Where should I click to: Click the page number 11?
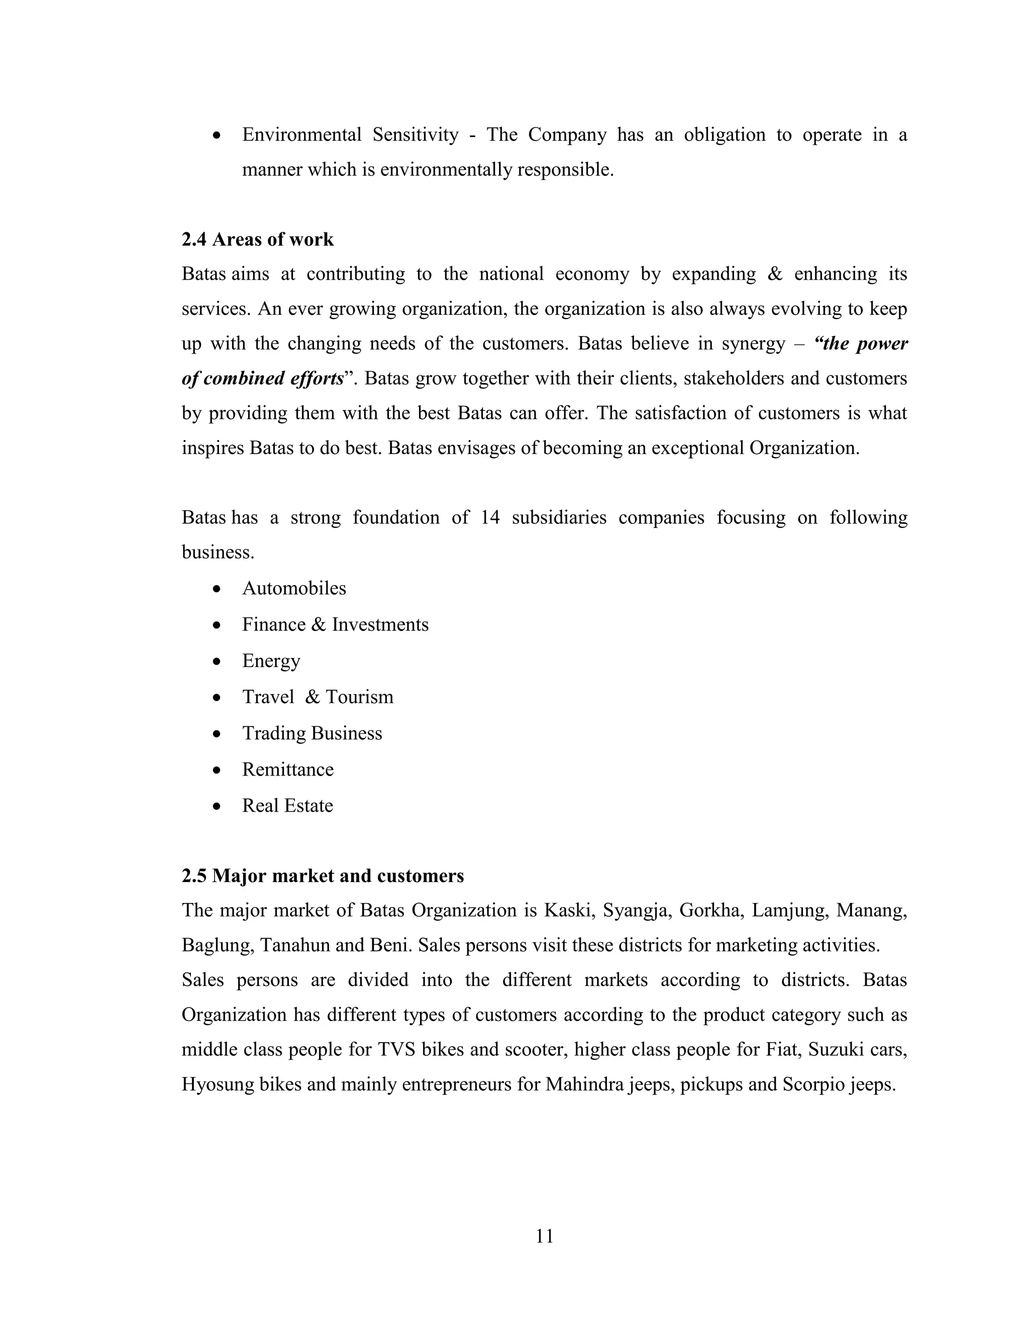tap(544, 1236)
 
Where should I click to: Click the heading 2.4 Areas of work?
tap(257, 240)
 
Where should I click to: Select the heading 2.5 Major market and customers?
tap(323, 876)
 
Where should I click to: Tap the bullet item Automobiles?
tap(294, 588)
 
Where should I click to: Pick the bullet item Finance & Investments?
tap(335, 625)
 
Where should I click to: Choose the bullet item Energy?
tap(271, 661)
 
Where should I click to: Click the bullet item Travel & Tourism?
tap(318, 697)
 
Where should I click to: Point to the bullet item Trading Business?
tap(312, 733)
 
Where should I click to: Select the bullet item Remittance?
tap(288, 769)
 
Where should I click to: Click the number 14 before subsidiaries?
tap(489, 518)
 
